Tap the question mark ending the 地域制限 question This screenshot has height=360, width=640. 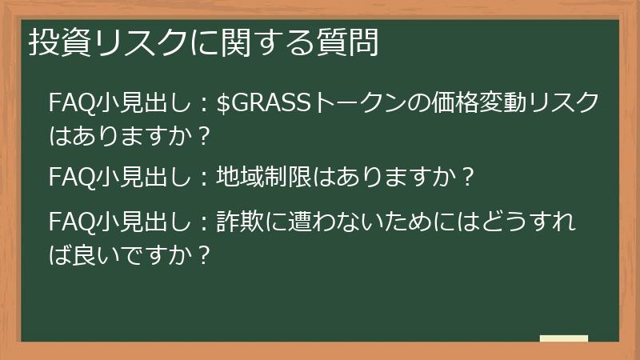[470, 175]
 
